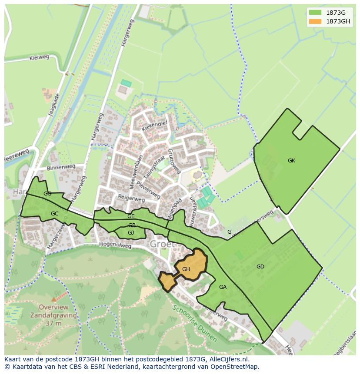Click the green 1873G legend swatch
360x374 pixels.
(x=315, y=13)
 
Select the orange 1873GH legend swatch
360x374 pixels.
(x=315, y=21)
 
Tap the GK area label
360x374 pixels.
(x=291, y=161)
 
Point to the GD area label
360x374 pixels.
(x=260, y=267)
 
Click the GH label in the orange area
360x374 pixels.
(x=186, y=269)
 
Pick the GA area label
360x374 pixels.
(x=223, y=287)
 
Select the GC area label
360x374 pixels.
(x=54, y=214)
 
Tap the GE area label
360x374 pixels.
(x=131, y=216)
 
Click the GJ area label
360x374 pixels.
(x=130, y=233)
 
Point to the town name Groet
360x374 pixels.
(x=162, y=244)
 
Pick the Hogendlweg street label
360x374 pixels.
(x=115, y=245)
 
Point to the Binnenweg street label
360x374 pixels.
(x=61, y=167)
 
